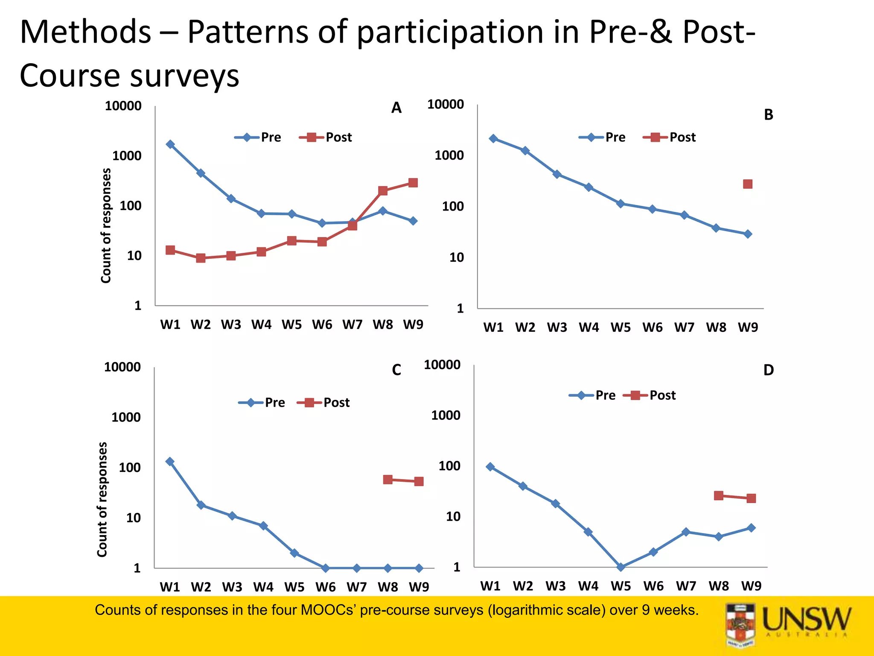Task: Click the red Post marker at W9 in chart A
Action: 413,183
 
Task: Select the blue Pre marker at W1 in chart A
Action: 170,144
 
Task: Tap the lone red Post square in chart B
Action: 748,184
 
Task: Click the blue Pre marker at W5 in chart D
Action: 621,567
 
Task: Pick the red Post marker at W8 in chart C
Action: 387,480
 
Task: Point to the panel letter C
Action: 396,370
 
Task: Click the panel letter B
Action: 768,115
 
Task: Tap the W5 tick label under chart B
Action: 621,328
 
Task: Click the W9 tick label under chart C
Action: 419,587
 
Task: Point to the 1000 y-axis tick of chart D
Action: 446,415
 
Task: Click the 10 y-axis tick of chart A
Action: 134,256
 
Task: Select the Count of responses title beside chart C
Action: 102,499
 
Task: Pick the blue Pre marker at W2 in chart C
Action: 201,505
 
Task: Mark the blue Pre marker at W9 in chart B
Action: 748,234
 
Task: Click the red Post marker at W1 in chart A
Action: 170,250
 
